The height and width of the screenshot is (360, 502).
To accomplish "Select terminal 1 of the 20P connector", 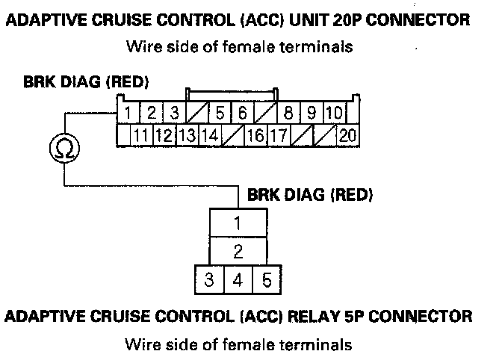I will click(128, 114).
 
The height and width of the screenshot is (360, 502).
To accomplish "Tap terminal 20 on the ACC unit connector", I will click(347, 136).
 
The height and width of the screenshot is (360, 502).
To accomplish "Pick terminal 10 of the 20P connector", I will click(334, 114).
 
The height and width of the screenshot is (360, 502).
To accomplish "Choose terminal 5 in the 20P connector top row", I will click(220, 114).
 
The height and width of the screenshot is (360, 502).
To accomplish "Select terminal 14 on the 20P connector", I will click(210, 136).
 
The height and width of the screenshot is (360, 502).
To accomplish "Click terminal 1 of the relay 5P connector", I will click(238, 223).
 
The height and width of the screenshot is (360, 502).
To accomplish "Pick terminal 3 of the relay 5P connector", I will click(210, 281).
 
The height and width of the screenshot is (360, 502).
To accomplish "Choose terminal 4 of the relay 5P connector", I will click(238, 281).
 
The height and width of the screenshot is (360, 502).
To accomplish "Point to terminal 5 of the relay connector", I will click(265, 281).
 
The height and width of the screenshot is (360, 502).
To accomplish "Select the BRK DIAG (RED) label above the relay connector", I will click(310, 195).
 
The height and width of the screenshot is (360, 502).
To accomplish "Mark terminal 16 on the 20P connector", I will click(255, 136).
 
